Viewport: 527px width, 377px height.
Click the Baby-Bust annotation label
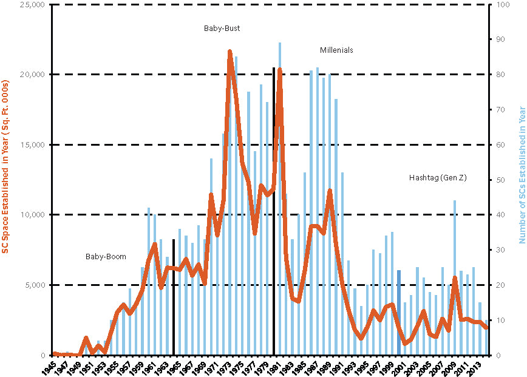coord(222,29)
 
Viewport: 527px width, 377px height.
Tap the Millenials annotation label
coord(336,50)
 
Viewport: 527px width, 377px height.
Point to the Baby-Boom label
coord(106,257)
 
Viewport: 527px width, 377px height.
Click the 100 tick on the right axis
coord(502,5)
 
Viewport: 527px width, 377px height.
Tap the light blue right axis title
coord(521,175)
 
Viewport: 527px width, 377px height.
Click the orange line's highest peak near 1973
coord(230,52)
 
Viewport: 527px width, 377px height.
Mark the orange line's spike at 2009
coord(455,278)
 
